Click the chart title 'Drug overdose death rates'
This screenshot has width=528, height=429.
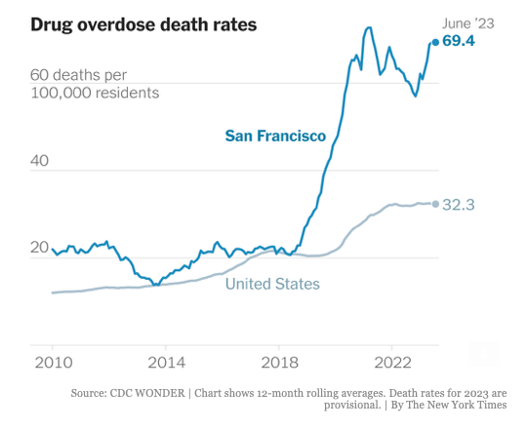pos(143,23)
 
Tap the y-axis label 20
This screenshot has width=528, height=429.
pos(40,248)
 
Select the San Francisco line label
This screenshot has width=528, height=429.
pos(275,136)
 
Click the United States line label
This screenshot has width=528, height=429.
pos(272,284)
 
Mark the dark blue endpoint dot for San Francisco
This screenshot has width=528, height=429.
pos(434,42)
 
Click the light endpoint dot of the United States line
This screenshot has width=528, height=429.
pos(435,204)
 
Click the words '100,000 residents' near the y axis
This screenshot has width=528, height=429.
pos(95,93)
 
